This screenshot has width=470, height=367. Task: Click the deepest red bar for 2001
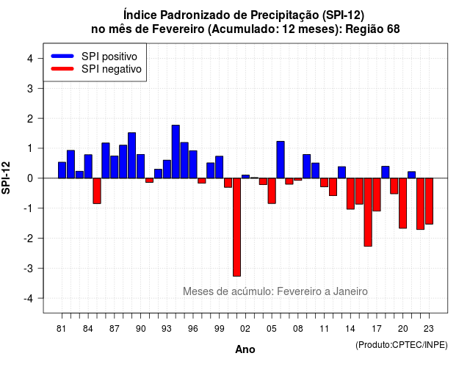[236, 227]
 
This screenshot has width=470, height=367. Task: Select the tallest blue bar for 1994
[176, 152]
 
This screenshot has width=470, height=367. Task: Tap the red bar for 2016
[368, 212]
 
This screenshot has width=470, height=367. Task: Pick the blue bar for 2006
[281, 160]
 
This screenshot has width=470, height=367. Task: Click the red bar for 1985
[97, 191]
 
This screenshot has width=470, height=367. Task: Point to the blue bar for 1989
[132, 156]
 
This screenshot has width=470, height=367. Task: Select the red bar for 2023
[429, 201]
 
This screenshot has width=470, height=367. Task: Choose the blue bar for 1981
[62, 170]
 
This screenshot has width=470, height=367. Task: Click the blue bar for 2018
[386, 172]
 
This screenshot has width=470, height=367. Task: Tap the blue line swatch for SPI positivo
[62, 56]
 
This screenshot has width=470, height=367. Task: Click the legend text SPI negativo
[112, 69]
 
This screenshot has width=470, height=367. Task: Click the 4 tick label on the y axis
[30, 58]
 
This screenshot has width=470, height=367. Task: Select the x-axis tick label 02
[245, 329]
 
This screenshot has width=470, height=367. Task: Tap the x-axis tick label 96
[193, 329]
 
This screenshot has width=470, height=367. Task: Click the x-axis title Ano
[245, 349]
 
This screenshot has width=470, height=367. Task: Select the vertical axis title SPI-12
[6, 178]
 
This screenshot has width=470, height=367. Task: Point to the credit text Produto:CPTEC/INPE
[402, 345]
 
